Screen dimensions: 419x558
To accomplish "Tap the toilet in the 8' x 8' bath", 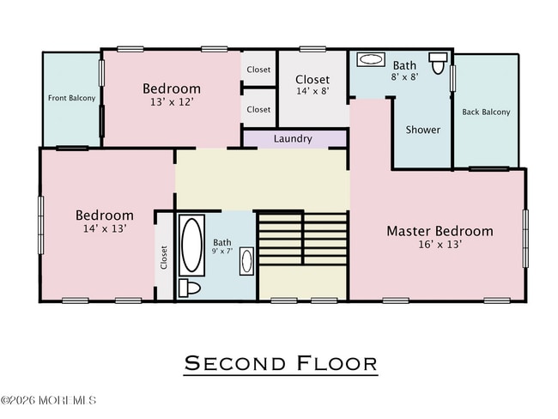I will pos(439,64).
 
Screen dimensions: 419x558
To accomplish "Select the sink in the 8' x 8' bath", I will pos(371,59).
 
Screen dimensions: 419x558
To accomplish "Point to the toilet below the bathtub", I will pos(191,288).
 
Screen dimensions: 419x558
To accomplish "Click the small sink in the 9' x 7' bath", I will pos(246,260).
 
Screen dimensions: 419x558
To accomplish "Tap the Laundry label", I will pos(293,138).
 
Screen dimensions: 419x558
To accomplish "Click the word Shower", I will pos(422,130).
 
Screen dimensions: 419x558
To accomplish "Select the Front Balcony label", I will pos(71,98).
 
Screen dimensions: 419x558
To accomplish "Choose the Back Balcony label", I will pos(486,112).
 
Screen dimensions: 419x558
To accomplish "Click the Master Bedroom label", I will pos(440,230).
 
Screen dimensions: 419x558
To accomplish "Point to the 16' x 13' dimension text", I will pos(440,245).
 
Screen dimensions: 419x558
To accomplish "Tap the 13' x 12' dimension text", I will pos(172,102).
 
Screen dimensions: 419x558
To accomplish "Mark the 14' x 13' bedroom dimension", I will pos(104,229).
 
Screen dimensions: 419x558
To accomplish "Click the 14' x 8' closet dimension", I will pos(312,92).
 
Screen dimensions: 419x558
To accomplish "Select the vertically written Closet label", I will pos(164,257).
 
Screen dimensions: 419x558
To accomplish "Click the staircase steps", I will pos(302,240).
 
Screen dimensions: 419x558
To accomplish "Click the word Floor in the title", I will pos(337,363).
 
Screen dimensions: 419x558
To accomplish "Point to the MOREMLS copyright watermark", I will pos(49,400).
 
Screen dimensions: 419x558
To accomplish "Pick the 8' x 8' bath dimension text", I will pos(405,76).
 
